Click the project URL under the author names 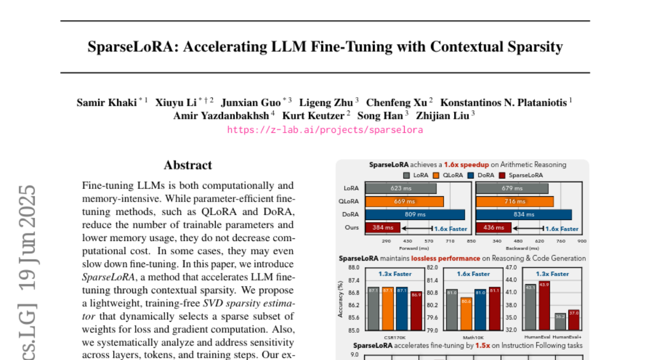(325, 130)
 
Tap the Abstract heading (188, 165)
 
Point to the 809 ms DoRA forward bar (414, 214)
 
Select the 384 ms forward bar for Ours (382, 228)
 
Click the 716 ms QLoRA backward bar (515, 201)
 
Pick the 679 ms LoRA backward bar (511, 188)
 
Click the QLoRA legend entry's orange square (436, 175)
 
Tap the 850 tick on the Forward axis (471, 241)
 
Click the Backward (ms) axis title (529, 248)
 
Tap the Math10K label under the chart (474, 337)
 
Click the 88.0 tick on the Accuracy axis (354, 268)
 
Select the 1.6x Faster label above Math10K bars (474, 274)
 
